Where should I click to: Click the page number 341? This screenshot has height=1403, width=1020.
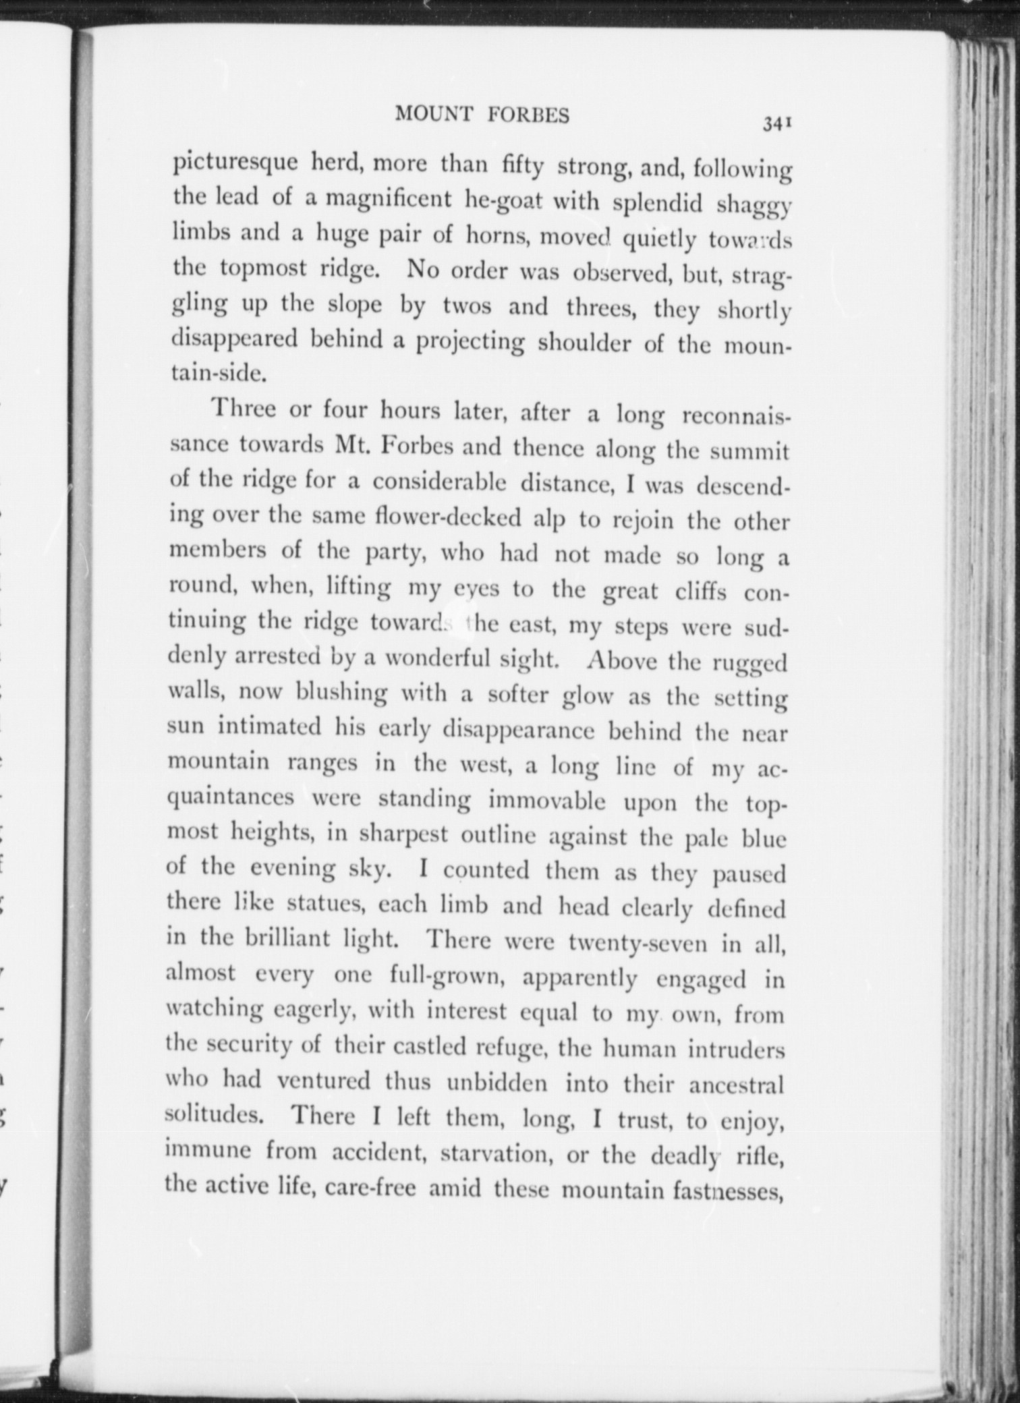point(776,123)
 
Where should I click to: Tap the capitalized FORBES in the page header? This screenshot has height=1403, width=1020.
point(528,116)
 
